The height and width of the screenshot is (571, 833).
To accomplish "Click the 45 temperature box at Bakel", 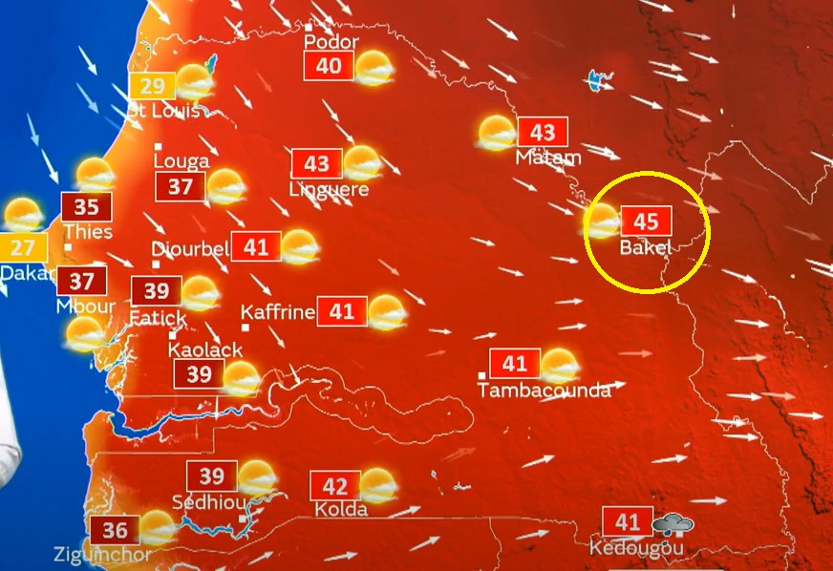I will point(646,222).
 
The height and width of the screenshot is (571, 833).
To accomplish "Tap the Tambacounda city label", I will point(544,390).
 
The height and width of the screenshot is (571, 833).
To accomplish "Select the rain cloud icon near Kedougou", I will point(673,524).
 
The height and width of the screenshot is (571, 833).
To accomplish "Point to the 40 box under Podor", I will point(329,66).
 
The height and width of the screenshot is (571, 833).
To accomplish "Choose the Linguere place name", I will point(330,189).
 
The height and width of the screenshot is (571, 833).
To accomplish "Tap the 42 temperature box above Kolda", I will point(334,487).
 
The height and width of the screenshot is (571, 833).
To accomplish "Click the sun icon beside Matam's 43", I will point(498,133).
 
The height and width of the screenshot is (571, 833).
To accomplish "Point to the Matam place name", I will point(547,158).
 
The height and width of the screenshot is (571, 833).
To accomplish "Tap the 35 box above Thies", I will point(86,207).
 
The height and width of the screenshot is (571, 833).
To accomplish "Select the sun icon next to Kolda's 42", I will point(377,485).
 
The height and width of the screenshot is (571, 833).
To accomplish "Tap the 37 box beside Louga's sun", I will point(181,187).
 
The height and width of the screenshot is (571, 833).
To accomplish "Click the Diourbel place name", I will point(190,248).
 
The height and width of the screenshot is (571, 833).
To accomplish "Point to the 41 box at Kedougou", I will point(628,522).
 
